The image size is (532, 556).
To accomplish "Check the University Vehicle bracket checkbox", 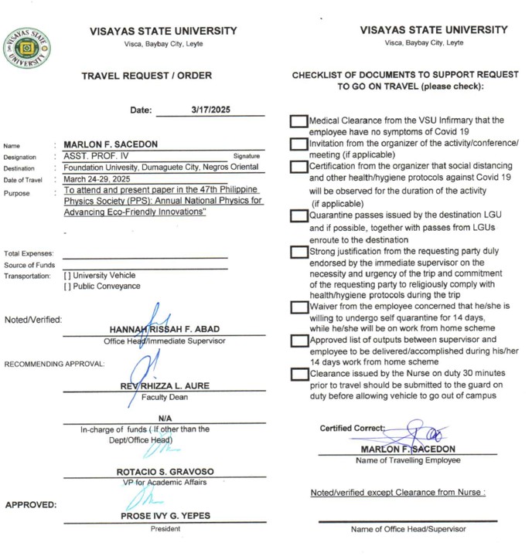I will coord(67,275).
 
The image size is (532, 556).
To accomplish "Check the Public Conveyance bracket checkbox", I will coord(67,286).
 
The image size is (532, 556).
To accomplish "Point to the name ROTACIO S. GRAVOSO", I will coord(165,471).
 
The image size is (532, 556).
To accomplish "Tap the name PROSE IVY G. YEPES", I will coord(165,516).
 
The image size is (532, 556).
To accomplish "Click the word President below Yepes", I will coord(165,529).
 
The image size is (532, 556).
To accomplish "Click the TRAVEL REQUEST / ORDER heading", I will coord(146,76).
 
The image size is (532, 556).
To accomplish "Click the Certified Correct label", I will coord(351,428).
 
